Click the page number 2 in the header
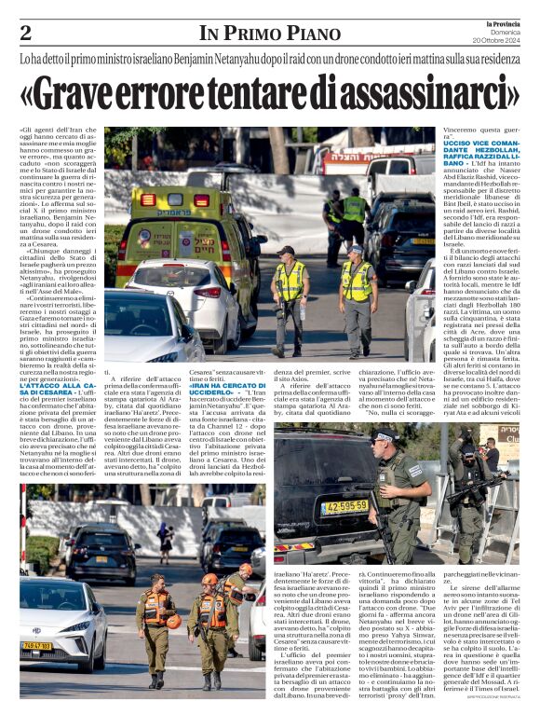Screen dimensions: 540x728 (25, 33)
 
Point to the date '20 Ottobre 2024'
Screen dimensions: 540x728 (496, 40)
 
